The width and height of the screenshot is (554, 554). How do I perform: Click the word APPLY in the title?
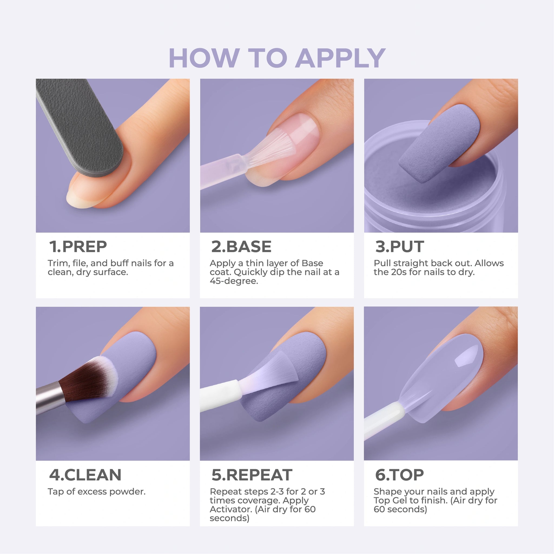tap(340, 58)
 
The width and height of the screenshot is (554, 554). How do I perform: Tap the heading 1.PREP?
tap(78, 247)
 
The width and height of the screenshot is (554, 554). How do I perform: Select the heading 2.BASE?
tap(242, 247)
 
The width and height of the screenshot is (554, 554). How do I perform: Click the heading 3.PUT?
tap(400, 247)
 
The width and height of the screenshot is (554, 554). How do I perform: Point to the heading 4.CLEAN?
tap(85, 475)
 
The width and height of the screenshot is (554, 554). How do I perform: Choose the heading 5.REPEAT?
tap(252, 475)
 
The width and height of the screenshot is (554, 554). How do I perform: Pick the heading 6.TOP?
tap(400, 475)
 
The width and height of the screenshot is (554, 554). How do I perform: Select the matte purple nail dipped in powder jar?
tap(439, 143)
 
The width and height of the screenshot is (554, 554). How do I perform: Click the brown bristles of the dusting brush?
tap(86, 378)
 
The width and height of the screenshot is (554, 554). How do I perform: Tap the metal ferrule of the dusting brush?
tap(50, 398)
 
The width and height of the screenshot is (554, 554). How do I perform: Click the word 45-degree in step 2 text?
tap(234, 281)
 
